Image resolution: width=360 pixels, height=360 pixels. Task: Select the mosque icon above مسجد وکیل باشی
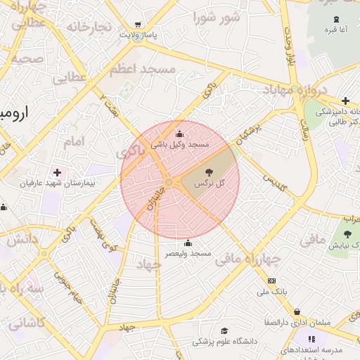coord(179,134)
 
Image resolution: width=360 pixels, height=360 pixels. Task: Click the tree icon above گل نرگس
coord(209,172)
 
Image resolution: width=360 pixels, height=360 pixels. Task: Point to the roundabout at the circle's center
coord(169,183)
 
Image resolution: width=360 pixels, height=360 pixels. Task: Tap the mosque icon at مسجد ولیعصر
coord(188,243)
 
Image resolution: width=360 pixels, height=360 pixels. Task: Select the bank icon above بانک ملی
coord(272,281)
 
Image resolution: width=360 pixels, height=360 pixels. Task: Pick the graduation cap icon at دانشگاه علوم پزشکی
coord(224,330)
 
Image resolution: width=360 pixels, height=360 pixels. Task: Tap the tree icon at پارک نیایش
coord(347,234)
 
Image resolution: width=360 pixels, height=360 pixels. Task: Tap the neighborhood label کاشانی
coord(25,324)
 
